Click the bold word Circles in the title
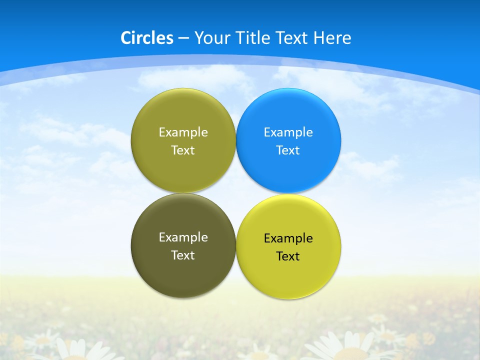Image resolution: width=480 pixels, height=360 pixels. coord(147,38)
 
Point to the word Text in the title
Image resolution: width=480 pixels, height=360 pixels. coord(292,38)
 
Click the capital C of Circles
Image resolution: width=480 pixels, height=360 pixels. coord(125,38)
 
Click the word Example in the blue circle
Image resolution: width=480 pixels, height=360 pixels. coord(288,132)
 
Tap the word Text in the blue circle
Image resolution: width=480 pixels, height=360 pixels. coord(288,150)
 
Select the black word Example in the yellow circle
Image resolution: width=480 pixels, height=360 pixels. coord(288,238)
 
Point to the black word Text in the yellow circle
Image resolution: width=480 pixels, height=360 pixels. coord(288,256)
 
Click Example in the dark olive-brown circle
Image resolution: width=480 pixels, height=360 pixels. coord(183,237)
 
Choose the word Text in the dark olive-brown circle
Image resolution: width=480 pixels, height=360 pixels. coord(183,255)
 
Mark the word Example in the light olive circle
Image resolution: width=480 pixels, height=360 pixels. coord(183,132)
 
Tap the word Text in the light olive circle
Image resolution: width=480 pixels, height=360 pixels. coord(183,150)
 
